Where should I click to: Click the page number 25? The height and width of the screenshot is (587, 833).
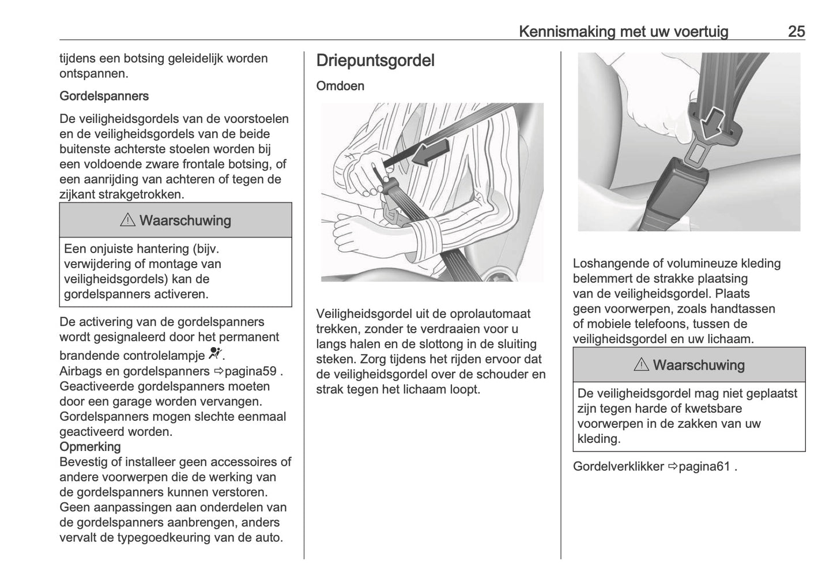click(796, 31)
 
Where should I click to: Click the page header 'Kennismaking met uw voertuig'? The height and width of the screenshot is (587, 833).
click(623, 31)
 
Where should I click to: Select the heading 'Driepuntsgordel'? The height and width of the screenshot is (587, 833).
click(375, 61)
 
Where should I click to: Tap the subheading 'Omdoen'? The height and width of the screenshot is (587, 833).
click(340, 86)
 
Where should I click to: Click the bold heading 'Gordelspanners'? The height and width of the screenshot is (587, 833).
click(104, 96)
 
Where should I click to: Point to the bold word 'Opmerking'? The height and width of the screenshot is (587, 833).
click(90, 447)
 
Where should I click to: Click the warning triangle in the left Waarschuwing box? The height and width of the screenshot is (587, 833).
click(128, 220)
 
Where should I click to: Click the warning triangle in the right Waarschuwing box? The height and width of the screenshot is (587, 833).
click(642, 365)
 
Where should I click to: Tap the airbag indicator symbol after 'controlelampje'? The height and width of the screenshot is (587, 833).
click(215, 353)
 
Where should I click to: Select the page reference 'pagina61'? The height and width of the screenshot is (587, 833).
click(699, 466)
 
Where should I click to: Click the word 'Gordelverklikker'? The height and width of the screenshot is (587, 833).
click(618, 466)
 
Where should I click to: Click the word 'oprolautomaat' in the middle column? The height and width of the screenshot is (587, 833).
click(489, 314)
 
